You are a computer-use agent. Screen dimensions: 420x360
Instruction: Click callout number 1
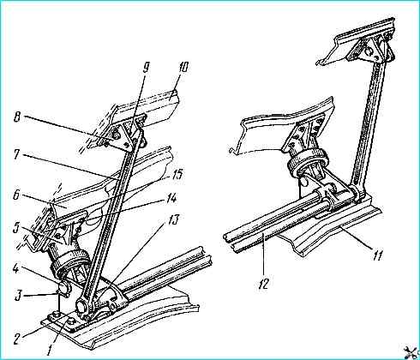51,350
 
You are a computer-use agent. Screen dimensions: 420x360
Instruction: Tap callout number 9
146,73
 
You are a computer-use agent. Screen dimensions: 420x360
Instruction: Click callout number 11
378,254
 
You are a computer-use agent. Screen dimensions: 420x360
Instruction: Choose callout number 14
169,198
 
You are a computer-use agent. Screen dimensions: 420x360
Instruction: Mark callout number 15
177,175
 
